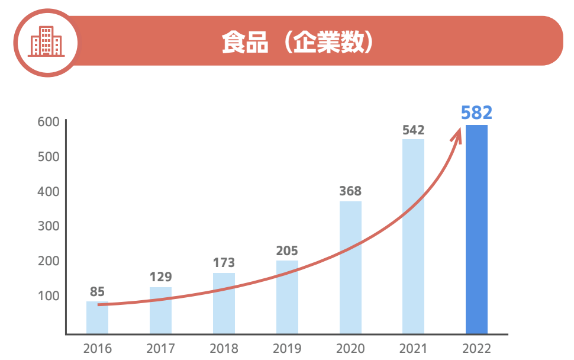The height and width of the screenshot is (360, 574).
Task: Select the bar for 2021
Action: [413, 236]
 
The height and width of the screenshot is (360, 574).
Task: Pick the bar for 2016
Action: [97, 317]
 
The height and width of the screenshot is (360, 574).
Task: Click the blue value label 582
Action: [476, 113]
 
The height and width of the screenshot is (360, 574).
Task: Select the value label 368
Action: [350, 192]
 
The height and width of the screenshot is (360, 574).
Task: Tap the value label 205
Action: [287, 250]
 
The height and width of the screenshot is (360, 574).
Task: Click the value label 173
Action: [224, 262]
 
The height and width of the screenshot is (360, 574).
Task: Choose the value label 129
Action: [160, 277]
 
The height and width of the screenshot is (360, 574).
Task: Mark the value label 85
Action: [97, 291]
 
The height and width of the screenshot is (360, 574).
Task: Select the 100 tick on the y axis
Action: [50, 295]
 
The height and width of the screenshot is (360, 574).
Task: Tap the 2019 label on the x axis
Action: [287, 349]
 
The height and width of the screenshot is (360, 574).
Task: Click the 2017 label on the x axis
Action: [160, 349]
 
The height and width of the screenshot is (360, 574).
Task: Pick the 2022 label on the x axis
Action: [476, 349]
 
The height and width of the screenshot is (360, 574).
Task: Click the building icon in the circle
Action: [46, 41]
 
